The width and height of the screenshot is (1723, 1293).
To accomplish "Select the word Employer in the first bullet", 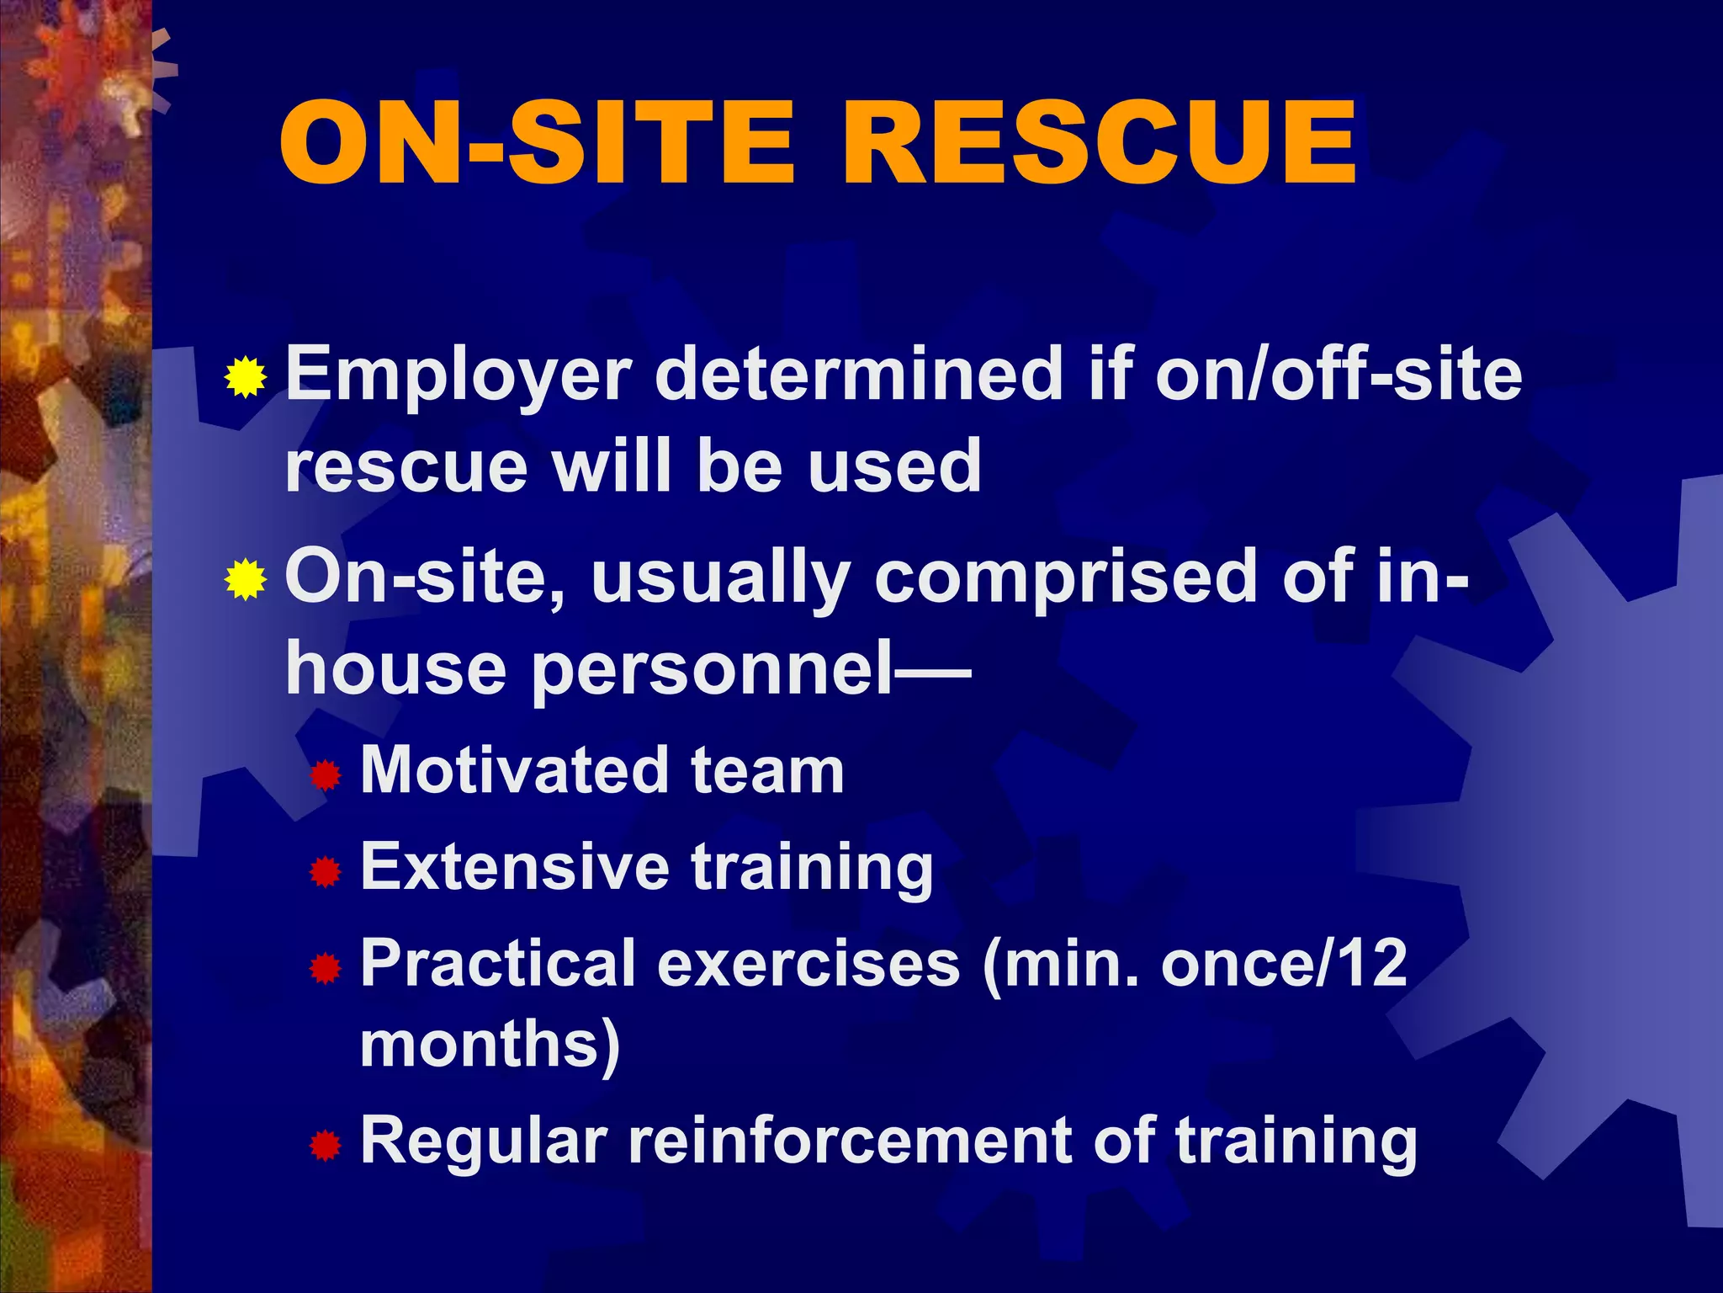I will pyautogui.click(x=459, y=376).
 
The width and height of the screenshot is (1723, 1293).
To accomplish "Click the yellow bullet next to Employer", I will pyautogui.click(x=246, y=377).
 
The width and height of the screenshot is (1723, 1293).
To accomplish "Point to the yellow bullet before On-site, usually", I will pyautogui.click(x=246, y=579).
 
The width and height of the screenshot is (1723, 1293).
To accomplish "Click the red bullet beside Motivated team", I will pyautogui.click(x=325, y=775).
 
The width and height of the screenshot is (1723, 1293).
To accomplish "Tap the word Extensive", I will pyautogui.click(x=515, y=866).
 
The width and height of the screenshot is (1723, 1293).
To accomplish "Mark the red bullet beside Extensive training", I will pyautogui.click(x=325, y=872).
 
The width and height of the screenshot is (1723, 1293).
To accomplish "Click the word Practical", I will pyautogui.click(x=498, y=964).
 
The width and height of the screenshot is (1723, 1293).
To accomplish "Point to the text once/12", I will pyautogui.click(x=1284, y=963).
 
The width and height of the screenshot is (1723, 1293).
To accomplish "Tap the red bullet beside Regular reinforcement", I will pyautogui.click(x=325, y=1146).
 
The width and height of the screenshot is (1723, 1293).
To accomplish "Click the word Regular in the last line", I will pyautogui.click(x=484, y=1141).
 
